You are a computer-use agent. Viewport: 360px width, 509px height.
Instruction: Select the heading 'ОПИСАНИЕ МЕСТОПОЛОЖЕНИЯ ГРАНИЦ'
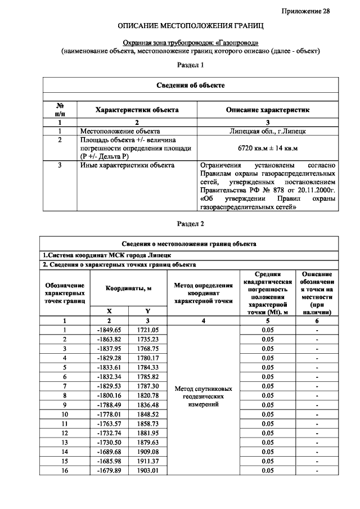[x=190, y=26]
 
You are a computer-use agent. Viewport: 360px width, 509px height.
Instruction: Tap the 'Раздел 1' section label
[x=190, y=65]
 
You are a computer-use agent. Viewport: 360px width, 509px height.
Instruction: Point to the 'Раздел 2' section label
[x=190, y=223]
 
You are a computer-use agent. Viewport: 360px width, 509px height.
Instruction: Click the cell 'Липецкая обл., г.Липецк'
[x=268, y=130]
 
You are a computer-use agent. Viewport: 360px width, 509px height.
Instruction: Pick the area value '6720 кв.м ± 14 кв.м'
[x=268, y=148]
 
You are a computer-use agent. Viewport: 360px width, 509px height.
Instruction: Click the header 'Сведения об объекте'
[x=190, y=85]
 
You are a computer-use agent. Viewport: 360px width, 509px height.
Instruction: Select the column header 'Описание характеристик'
[x=268, y=110]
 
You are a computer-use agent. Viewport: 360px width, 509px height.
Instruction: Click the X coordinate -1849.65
[x=109, y=330]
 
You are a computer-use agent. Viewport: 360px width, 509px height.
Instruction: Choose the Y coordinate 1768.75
[x=148, y=348]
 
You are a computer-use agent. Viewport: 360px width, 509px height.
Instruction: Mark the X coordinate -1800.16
[x=109, y=395]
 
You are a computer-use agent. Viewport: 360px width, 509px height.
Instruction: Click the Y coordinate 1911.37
[x=148, y=461]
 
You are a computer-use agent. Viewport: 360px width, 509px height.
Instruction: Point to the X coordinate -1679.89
[x=109, y=471]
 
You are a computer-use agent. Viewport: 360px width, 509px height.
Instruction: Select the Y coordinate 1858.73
[x=148, y=424]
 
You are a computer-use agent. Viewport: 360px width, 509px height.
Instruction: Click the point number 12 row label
[x=65, y=433]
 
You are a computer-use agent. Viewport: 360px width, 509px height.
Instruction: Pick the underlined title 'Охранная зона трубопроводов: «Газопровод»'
[x=190, y=43]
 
